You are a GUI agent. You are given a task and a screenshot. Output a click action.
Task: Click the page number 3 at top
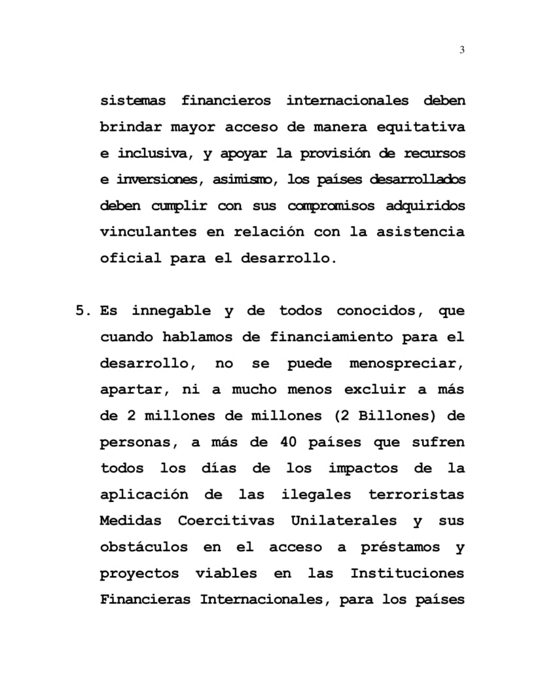[462, 50]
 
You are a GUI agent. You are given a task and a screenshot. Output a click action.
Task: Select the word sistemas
[132, 101]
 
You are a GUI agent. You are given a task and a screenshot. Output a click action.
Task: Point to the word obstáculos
[143, 547]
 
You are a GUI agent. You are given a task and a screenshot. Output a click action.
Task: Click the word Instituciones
[407, 573]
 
